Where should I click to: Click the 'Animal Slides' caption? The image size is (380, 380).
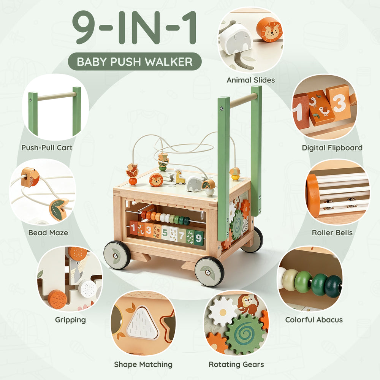[x=250, y=80]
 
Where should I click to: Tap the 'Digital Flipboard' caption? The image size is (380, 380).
[x=332, y=148]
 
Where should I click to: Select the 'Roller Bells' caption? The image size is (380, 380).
[x=332, y=233]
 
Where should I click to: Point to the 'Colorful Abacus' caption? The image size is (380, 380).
[x=314, y=320]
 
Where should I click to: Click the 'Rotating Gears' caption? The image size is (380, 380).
[x=236, y=364]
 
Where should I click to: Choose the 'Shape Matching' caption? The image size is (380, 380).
[x=143, y=364]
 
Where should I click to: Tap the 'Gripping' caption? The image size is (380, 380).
[x=70, y=320]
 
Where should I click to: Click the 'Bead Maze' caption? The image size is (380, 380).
[x=48, y=233]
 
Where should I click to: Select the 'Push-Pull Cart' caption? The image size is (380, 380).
[x=47, y=148]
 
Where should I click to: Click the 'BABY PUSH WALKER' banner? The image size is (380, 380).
[x=135, y=62]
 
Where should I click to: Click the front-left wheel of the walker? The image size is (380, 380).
[x=117, y=255]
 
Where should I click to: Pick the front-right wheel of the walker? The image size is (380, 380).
[x=209, y=271]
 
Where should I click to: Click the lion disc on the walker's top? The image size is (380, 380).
[x=156, y=180]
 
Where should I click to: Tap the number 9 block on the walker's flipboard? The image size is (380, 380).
[x=199, y=238]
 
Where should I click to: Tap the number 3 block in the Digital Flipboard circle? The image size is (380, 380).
[x=339, y=103]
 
